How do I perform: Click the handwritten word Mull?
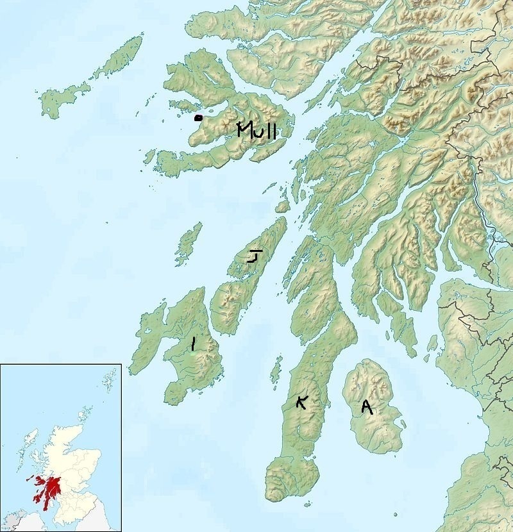[x=256, y=131]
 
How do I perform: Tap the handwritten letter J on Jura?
[x=255, y=256]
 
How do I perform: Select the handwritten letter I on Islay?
[x=193, y=345]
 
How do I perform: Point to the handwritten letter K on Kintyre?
[x=301, y=402]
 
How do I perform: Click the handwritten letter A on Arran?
[x=367, y=407]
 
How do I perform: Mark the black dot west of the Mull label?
[x=198, y=118]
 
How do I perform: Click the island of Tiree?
[x=61, y=99]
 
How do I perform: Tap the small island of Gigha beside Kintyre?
[x=276, y=370]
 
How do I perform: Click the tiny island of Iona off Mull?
[x=149, y=157]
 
